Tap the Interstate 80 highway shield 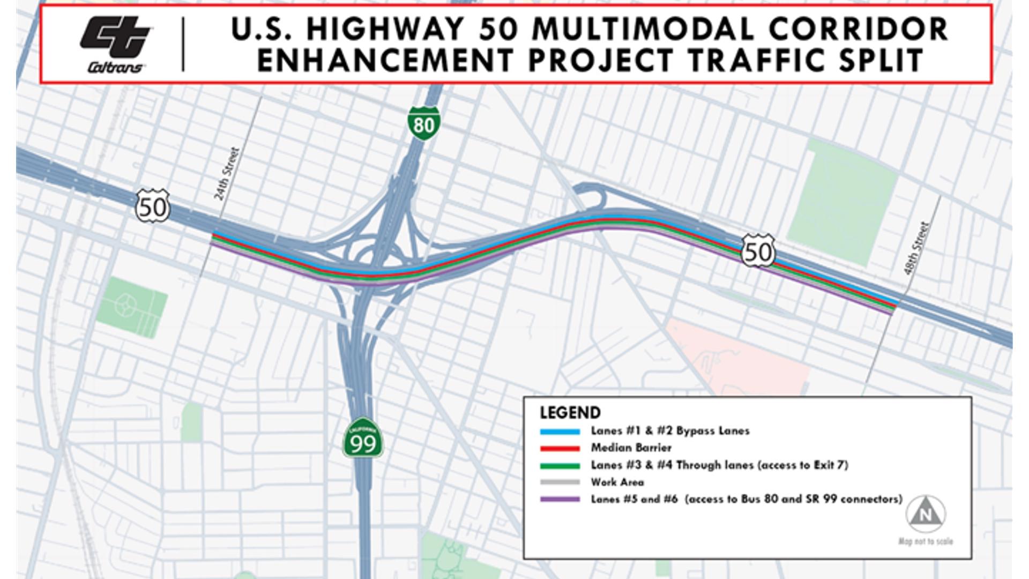coord(423,123)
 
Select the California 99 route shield coord(363,439)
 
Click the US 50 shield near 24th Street coord(153,206)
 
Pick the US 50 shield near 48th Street coord(758,250)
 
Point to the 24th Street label coord(227,174)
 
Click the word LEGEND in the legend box coord(570,413)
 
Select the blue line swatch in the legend coord(560,431)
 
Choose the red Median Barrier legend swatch coord(560,448)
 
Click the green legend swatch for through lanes coord(560,465)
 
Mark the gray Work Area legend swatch coord(560,482)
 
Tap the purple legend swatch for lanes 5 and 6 coord(560,500)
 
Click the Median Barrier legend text coord(631,448)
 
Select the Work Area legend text coord(617,482)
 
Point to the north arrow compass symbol coord(926,514)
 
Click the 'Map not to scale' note coord(926,541)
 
